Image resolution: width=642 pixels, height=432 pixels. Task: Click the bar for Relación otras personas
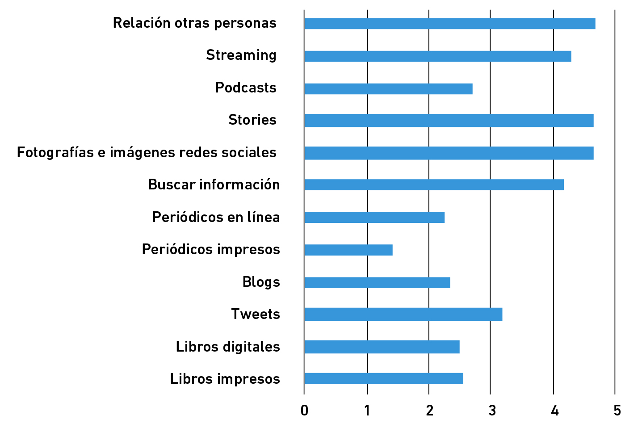(x=449, y=24)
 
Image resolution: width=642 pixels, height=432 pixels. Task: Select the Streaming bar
(x=437, y=56)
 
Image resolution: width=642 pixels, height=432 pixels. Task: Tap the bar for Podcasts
(x=388, y=89)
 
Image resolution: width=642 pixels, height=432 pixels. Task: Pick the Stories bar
(x=449, y=121)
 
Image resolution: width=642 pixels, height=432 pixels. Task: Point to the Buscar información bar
(x=434, y=185)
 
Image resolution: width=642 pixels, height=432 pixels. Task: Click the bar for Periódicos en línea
(x=374, y=217)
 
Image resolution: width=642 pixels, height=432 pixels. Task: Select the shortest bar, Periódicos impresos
(x=348, y=250)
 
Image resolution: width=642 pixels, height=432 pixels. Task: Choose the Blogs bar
(x=377, y=282)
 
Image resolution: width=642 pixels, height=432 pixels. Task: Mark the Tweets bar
(x=403, y=314)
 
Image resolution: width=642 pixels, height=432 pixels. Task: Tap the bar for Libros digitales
(x=382, y=347)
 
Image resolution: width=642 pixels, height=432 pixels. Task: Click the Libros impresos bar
(x=384, y=378)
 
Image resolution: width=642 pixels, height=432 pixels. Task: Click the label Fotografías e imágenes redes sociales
(x=147, y=153)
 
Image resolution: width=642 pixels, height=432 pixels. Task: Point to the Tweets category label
(x=256, y=315)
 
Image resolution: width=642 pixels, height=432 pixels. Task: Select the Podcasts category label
(x=246, y=88)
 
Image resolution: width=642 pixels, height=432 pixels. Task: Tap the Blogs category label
(x=261, y=282)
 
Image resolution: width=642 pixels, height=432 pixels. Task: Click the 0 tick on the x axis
(x=304, y=411)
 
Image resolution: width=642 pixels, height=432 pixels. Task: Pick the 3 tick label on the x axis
(x=492, y=411)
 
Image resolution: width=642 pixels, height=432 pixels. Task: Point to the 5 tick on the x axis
(x=617, y=411)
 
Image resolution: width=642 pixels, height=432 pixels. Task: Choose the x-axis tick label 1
(x=367, y=411)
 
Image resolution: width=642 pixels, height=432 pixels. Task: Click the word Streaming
(x=241, y=55)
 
